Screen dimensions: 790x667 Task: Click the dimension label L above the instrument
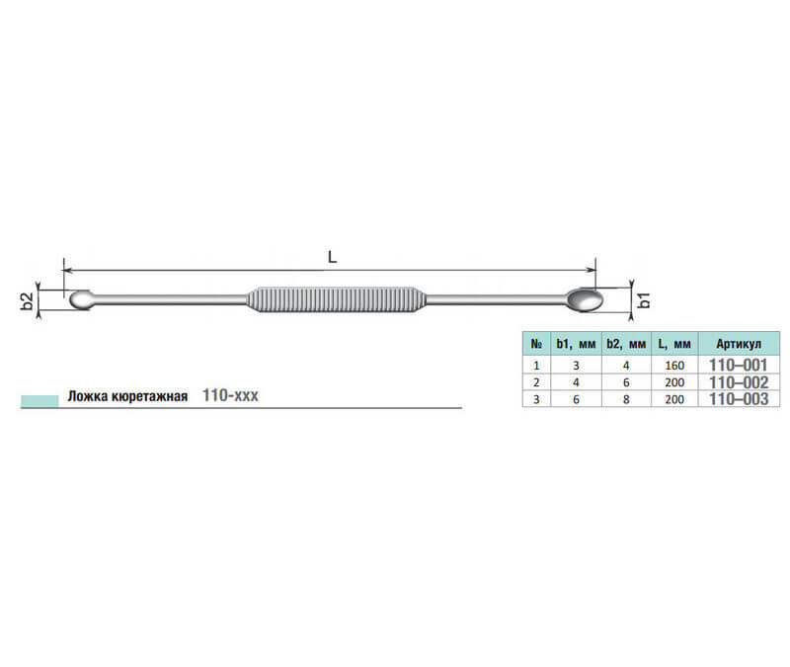pyautogui.click(x=332, y=257)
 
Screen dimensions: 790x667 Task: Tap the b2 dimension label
pyautogui.click(x=28, y=301)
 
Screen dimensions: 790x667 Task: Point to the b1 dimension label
pyautogui.click(x=645, y=300)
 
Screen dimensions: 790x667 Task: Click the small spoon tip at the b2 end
pyautogui.click(x=81, y=299)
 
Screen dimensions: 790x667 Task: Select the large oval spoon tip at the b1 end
pyautogui.click(x=585, y=299)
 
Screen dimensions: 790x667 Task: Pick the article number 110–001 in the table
pyautogui.click(x=738, y=365)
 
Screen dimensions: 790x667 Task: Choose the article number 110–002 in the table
pyautogui.click(x=739, y=382)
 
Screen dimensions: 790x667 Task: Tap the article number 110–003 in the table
pyautogui.click(x=739, y=399)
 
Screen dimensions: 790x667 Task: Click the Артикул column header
pyautogui.click(x=739, y=344)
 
